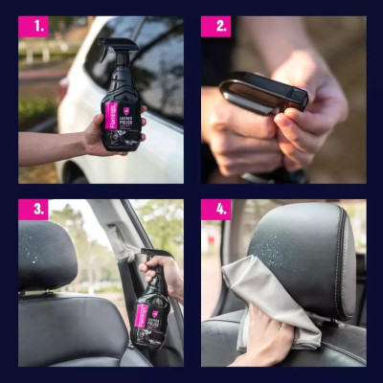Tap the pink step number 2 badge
[x=215, y=27]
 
